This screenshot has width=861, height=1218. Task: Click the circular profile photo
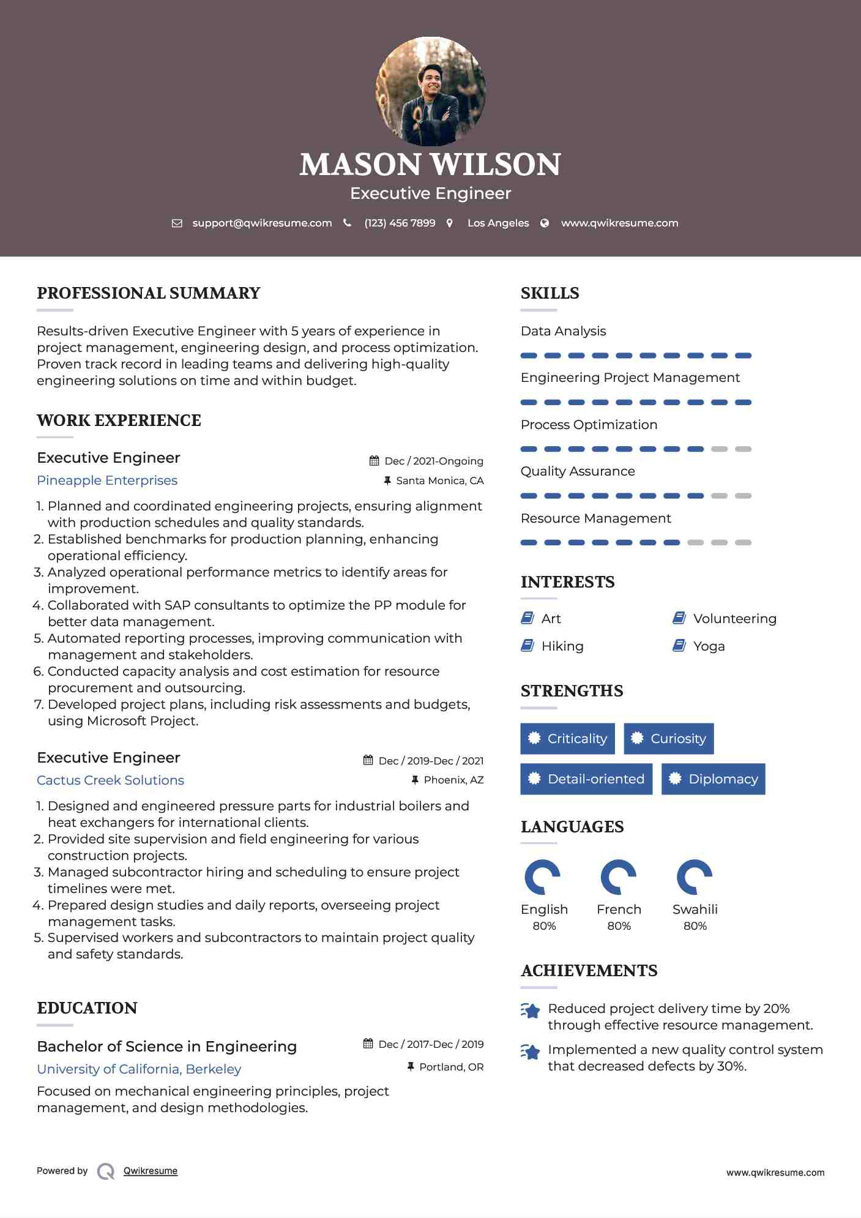tap(430, 92)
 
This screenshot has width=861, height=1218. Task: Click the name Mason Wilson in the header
tap(430, 164)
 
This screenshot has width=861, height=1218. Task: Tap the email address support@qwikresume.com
tap(262, 223)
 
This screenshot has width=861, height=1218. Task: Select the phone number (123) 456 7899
tap(400, 223)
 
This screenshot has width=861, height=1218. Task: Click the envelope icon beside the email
tap(177, 223)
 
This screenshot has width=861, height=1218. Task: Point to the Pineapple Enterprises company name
tap(107, 480)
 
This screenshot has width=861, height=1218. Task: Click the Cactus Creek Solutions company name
tap(110, 780)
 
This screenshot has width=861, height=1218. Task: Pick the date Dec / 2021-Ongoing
tap(433, 461)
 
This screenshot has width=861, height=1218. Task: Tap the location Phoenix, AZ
tap(453, 780)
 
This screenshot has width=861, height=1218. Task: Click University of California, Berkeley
tap(139, 1069)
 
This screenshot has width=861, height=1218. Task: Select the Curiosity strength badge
tap(668, 739)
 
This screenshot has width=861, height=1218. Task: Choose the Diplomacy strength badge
tap(713, 779)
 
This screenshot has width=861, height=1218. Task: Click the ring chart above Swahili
tap(695, 877)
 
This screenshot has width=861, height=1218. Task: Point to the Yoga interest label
tap(709, 646)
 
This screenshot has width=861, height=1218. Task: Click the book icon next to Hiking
tap(527, 646)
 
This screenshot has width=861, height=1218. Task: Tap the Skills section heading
tap(550, 293)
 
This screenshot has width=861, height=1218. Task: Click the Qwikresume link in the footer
tap(151, 1171)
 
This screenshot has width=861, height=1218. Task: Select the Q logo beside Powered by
tap(106, 1171)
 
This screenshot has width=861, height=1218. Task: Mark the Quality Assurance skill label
tap(578, 471)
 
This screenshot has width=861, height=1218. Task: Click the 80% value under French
tap(619, 926)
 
